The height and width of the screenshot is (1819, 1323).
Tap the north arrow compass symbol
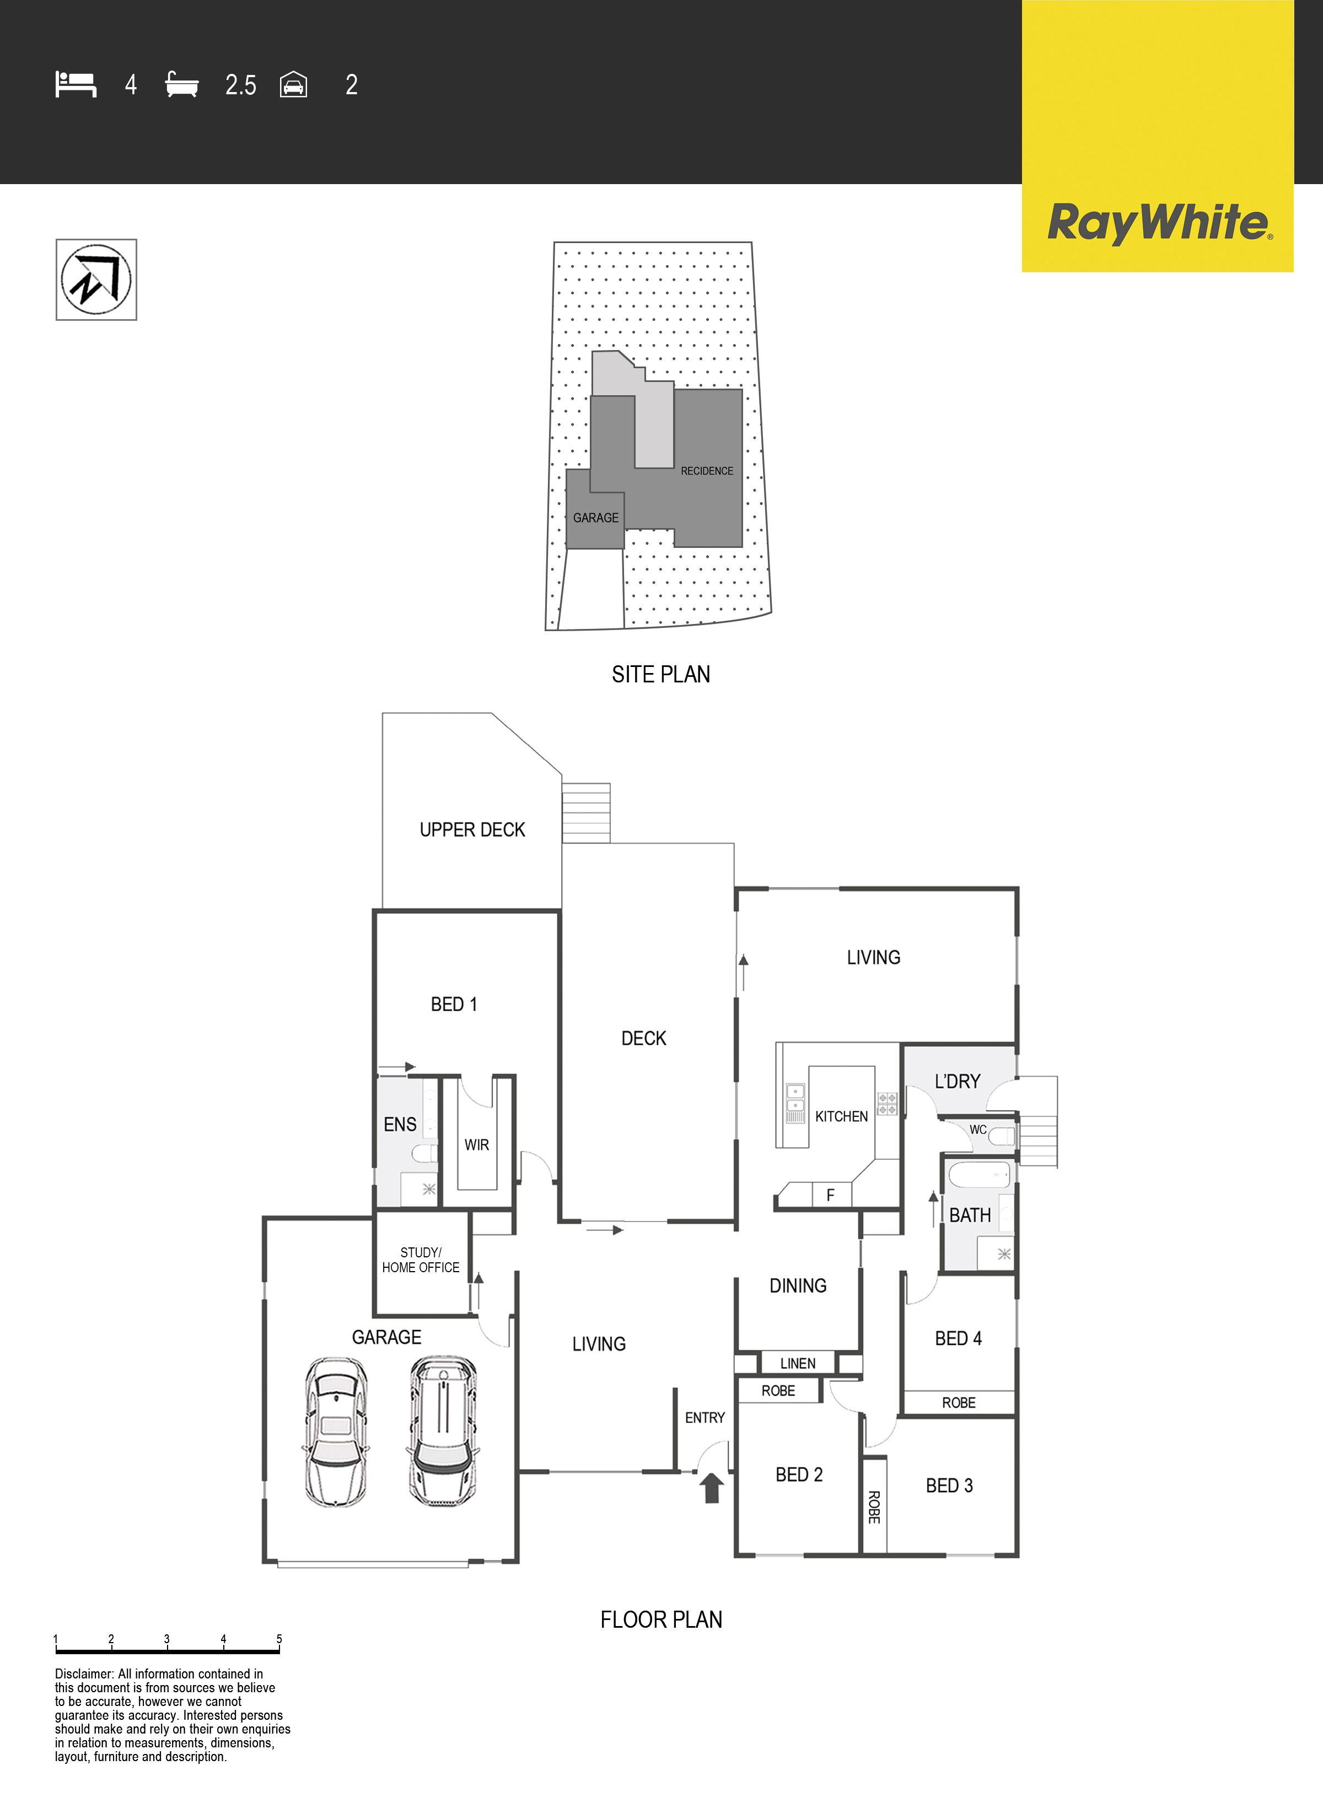tap(96, 279)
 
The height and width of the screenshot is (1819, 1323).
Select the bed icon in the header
tap(76, 84)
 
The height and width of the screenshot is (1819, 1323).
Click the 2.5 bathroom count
tap(241, 85)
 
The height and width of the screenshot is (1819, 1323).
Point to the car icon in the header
tap(294, 85)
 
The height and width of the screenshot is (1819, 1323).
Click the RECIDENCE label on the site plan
tap(707, 471)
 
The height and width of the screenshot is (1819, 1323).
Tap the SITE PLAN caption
tap(660, 675)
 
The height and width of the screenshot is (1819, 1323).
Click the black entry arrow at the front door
tap(712, 1488)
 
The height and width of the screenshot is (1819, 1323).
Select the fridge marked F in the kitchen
tap(830, 1195)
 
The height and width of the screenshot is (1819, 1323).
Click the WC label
tap(978, 1129)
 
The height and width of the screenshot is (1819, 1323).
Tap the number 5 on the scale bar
tap(279, 1639)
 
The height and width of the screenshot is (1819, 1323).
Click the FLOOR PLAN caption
tap(661, 1620)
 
